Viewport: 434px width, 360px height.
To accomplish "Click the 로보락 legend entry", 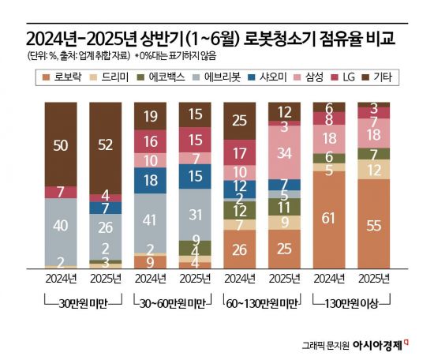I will [x=65, y=77].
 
